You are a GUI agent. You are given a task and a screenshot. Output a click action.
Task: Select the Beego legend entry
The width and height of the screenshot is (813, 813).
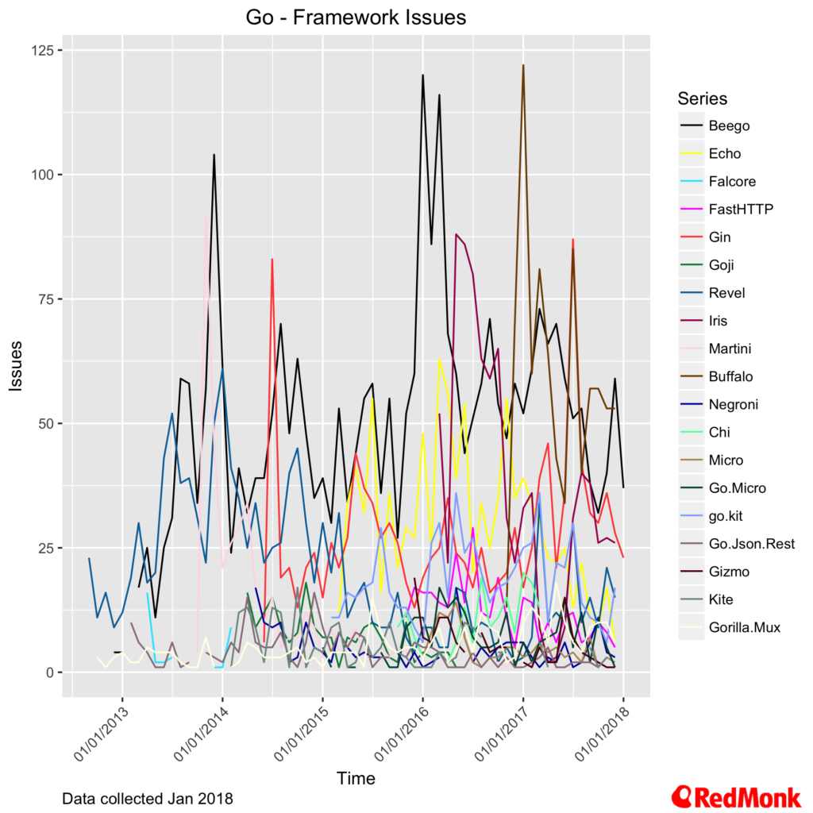(x=729, y=125)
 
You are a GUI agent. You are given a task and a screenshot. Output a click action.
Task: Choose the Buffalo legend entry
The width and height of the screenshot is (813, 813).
(x=730, y=376)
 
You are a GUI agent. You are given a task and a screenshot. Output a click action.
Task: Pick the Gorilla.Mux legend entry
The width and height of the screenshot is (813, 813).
(x=745, y=627)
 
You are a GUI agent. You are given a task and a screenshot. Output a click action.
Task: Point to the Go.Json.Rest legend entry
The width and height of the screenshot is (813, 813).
(x=751, y=543)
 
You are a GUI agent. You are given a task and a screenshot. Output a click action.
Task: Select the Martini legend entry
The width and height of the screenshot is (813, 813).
(x=729, y=349)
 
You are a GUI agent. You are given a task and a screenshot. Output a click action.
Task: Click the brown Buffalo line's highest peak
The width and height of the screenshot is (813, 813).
(x=523, y=66)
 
